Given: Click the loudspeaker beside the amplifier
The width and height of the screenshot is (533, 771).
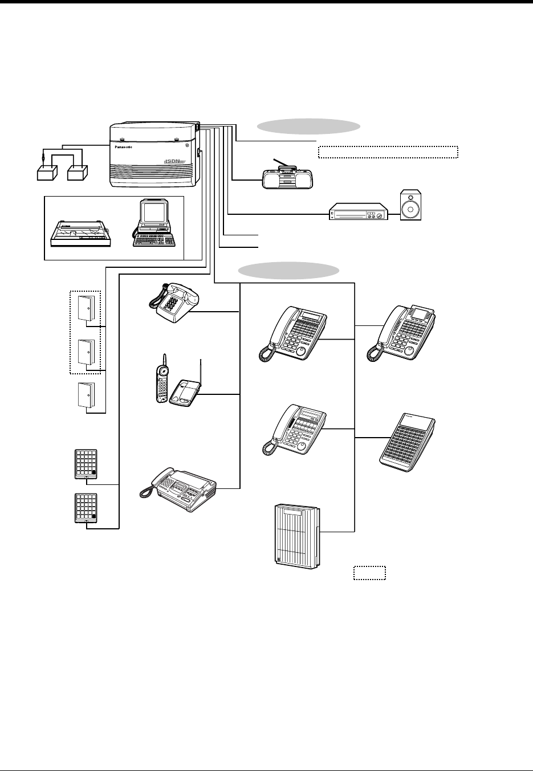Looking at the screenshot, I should (411, 206).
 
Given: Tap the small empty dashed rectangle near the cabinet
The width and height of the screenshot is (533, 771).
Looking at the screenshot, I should (369, 572).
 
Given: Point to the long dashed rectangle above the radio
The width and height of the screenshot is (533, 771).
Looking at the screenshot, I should (388, 152).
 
